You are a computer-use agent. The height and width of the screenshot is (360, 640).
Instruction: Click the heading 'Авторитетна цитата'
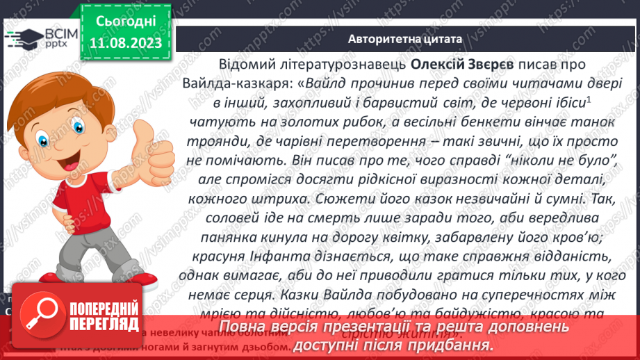click(405, 40)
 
